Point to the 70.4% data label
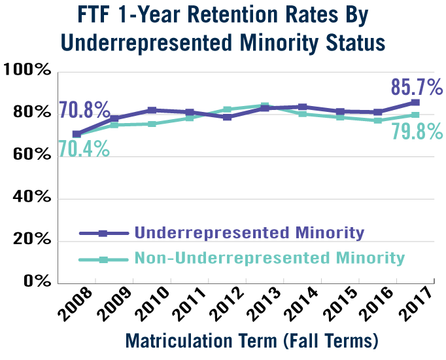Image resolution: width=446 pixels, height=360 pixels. point(84,149)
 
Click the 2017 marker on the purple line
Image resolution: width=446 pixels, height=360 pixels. point(415,103)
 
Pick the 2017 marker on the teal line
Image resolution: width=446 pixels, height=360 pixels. point(415,115)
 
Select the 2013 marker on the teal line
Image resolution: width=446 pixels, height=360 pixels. point(265,105)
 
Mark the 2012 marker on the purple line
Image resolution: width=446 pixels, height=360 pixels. point(227,117)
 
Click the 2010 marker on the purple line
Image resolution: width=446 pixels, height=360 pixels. point(152,110)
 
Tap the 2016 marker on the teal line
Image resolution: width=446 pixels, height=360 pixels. point(378,120)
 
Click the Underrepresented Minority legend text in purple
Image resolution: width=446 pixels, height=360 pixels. point(249,232)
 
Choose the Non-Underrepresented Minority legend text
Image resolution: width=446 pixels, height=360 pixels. point(269,258)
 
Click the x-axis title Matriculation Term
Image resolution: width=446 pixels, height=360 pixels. point(251,341)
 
